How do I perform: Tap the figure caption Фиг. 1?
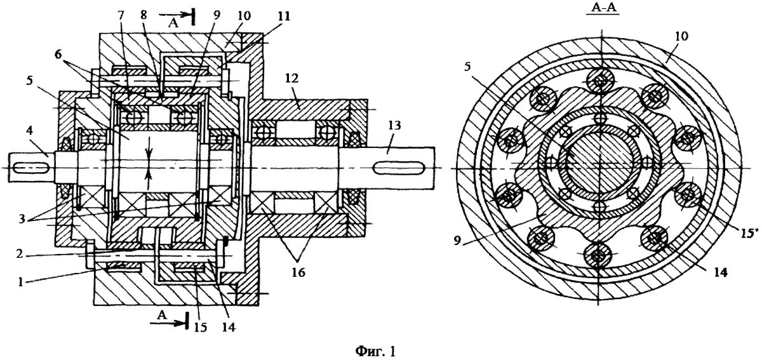point(375,351)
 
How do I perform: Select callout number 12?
point(291,78)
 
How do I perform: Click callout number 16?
point(298,272)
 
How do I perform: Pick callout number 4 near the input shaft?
point(30,131)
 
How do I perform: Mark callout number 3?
point(22,219)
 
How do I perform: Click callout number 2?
point(20,253)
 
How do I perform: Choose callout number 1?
point(20,282)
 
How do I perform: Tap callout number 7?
point(121,15)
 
